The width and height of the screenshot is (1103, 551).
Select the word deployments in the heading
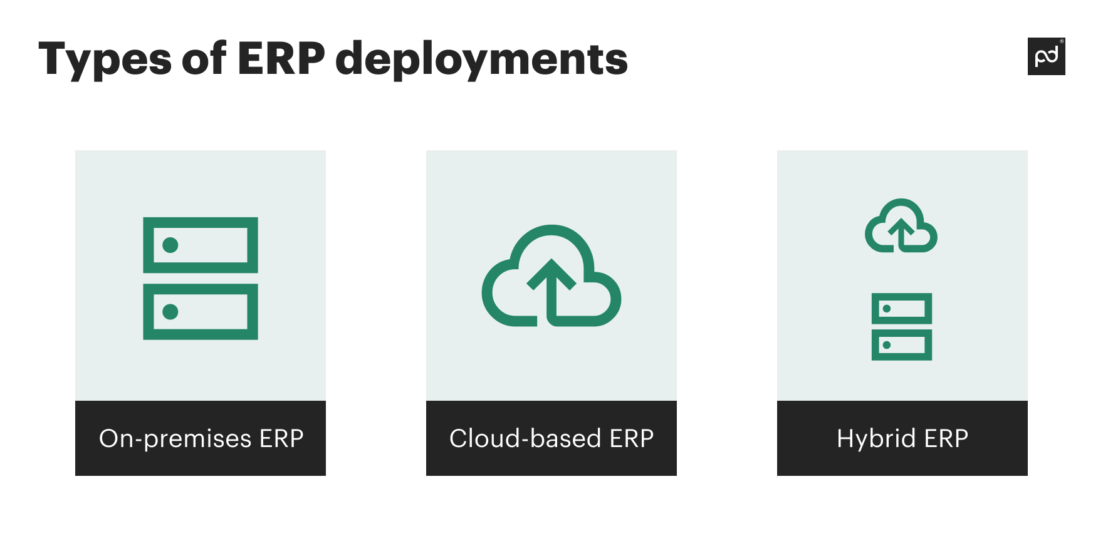[481, 59]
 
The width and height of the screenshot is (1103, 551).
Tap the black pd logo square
[1046, 56]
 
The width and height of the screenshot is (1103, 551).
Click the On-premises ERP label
[201, 438]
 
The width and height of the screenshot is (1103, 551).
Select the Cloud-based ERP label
[551, 438]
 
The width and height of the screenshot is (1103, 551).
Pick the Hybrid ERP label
[902, 438]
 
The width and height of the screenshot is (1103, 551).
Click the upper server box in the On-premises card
[201, 245]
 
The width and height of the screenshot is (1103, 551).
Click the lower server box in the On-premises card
[201, 312]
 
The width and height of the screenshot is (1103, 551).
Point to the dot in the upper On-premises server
[170, 245]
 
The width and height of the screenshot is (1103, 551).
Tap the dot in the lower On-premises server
[170, 312]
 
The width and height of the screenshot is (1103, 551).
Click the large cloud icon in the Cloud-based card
[551, 275]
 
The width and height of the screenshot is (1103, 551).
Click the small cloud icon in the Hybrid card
[901, 227]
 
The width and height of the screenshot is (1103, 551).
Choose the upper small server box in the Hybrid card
[902, 308]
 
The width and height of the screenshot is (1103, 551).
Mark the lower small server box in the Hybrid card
[902, 345]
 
